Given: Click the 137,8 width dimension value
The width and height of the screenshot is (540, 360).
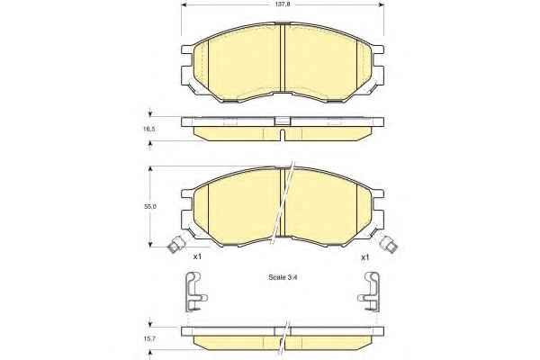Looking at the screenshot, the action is [x=282, y=4].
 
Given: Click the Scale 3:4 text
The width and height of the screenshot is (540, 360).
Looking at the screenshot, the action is [x=282, y=277].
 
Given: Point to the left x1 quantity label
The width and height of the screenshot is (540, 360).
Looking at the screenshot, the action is [x=197, y=256].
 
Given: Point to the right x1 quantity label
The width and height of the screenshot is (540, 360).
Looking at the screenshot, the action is [x=364, y=257].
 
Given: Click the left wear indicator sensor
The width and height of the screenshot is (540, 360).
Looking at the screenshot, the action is [x=176, y=244].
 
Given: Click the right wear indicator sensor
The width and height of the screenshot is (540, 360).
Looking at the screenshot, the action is [x=389, y=244].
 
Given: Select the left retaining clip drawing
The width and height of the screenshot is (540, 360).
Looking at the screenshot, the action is [x=195, y=292].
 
